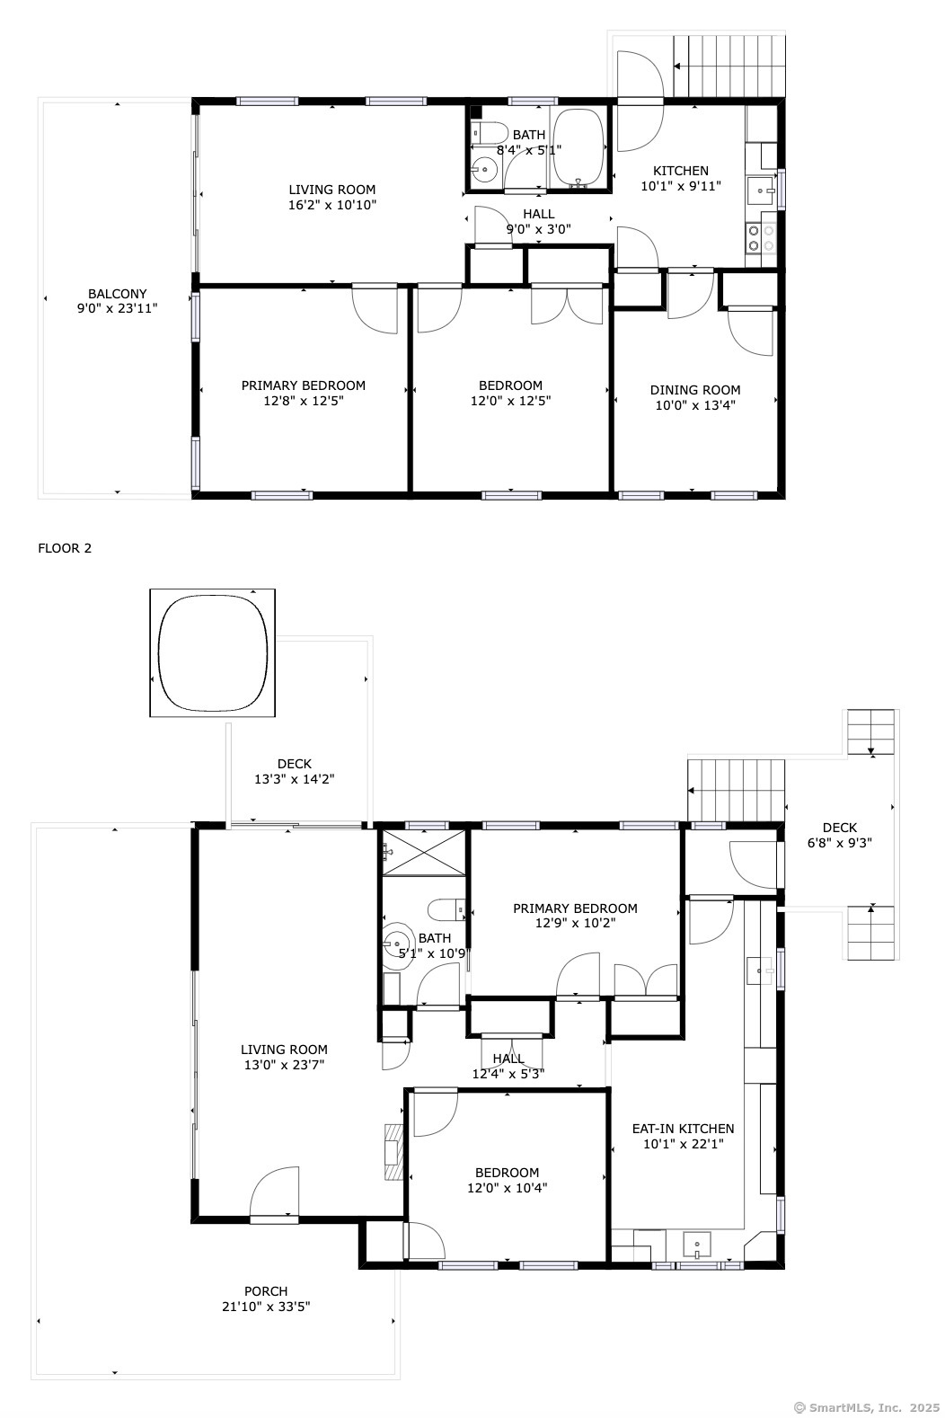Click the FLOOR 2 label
point(65,548)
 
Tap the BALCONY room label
point(117,294)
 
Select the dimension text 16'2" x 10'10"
point(332,205)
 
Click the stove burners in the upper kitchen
point(761,238)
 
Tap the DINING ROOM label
point(695,390)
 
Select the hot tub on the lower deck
point(212,652)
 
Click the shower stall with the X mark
point(423,853)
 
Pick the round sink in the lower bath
point(397,944)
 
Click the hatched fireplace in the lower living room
point(393,1151)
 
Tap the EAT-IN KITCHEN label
point(683,1128)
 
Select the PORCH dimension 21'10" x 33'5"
point(266,1306)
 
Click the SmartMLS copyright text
point(867,1407)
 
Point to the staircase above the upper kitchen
point(729,66)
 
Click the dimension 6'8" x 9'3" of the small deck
point(839,843)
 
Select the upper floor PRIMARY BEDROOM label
point(304,386)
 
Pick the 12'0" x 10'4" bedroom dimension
point(507,1188)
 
